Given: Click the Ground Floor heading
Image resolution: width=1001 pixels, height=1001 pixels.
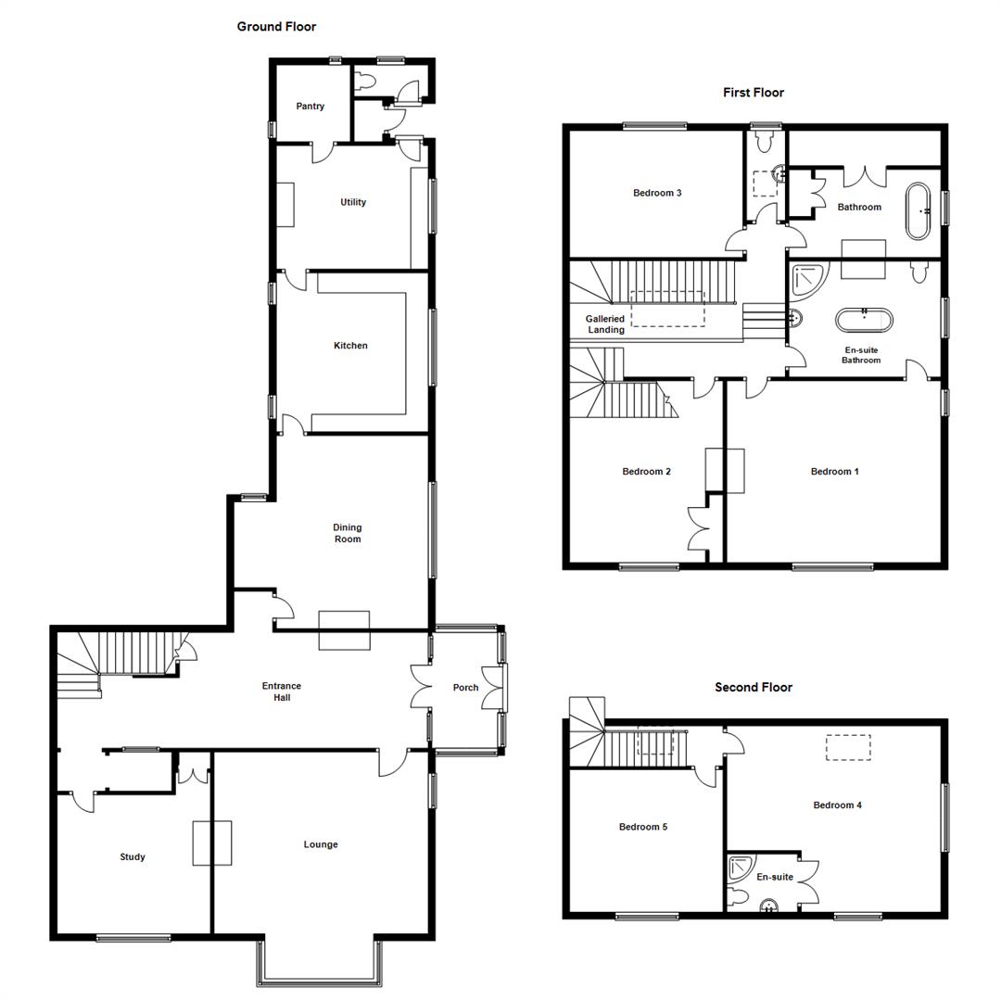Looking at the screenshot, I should (x=276, y=27).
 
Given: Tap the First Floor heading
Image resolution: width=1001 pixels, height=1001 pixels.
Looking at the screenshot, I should (x=754, y=93).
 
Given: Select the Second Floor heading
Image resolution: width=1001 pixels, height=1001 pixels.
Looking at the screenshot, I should (x=754, y=688).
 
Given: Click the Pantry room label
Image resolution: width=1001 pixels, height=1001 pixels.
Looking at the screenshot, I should (x=310, y=107).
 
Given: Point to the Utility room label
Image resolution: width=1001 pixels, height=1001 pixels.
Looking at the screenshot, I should (x=353, y=202).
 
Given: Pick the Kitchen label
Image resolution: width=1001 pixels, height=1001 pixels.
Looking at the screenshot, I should (x=350, y=346).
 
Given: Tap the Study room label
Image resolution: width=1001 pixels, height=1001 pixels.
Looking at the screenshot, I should (x=133, y=857).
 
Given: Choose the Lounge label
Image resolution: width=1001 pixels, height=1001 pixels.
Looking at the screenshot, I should (x=321, y=844).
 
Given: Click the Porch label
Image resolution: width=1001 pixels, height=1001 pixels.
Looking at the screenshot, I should (x=465, y=688).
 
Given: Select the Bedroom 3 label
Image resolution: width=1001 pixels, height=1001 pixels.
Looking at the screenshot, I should (x=657, y=193).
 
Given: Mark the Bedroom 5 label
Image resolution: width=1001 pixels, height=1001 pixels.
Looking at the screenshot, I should (x=643, y=827).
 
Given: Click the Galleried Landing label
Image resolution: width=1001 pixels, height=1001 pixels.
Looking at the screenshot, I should (x=605, y=324).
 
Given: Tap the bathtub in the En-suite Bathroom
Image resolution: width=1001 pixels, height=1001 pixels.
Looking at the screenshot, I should (x=865, y=320).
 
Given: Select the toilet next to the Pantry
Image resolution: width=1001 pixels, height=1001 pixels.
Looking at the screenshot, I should (x=368, y=82).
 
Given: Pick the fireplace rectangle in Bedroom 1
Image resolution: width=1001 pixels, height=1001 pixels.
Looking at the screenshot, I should (x=725, y=470).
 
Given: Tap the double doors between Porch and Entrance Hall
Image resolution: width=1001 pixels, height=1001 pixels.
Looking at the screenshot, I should (x=422, y=688).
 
